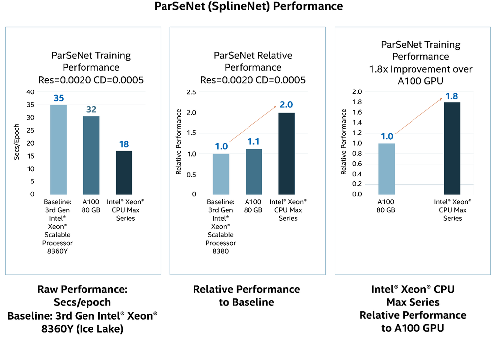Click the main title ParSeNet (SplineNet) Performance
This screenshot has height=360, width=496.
pyautogui.click(x=248, y=6)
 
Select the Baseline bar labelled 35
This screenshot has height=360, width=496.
pyautogui.click(x=58, y=149)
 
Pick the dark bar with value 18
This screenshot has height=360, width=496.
pyautogui.click(x=124, y=172)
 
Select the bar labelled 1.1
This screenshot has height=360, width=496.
pyautogui.click(x=254, y=172)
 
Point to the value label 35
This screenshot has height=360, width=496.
pyautogui.click(x=58, y=98)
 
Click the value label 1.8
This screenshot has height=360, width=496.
pyautogui.click(x=452, y=96)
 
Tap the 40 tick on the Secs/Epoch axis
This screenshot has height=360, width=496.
pyautogui.click(x=31, y=92)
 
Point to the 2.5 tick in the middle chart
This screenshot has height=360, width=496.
pyautogui.click(x=191, y=92)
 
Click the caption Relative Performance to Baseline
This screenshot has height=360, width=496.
pyautogui.click(x=247, y=296)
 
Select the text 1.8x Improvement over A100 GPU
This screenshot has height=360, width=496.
pyautogui.click(x=420, y=75)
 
